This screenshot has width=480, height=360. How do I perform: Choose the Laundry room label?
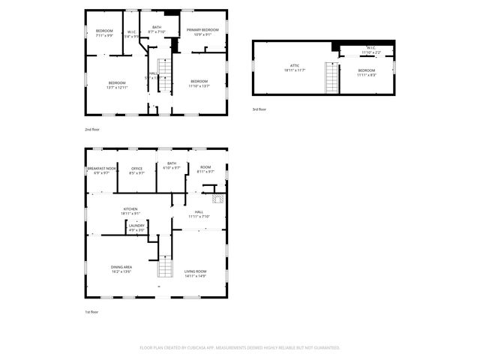coord(136,227)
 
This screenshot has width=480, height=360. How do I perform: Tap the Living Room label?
coord(195,273)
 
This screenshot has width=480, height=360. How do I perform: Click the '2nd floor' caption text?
coord(93,129)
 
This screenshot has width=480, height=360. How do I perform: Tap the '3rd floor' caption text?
coord(259,109)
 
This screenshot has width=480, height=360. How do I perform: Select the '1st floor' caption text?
coord(92,311)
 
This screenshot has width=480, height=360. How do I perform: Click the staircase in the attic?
coord(329,77)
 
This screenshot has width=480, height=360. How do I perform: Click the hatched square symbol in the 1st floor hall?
coord(217,199)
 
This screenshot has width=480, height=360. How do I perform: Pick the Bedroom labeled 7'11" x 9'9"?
coord(103,32)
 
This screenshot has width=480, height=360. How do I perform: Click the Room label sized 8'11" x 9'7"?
coord(205,169)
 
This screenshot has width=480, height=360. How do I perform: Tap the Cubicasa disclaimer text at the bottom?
coord(240,347)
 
